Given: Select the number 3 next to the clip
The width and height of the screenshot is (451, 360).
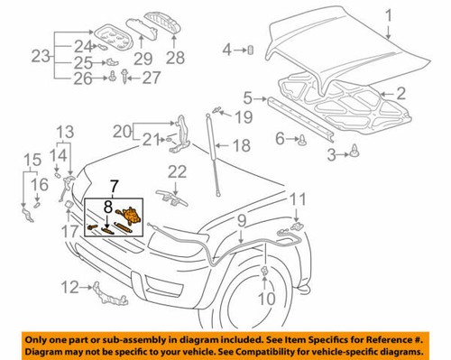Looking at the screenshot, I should (x=332, y=155).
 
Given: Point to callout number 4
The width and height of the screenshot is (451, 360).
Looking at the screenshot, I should (x=227, y=49).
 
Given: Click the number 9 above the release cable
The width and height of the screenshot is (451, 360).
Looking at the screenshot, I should (x=241, y=219).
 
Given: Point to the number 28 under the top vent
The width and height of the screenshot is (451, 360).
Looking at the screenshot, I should (x=174, y=59).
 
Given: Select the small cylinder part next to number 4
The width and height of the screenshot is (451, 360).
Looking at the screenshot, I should (x=248, y=49).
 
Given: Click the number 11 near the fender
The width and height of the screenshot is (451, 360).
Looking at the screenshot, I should (x=299, y=198).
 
